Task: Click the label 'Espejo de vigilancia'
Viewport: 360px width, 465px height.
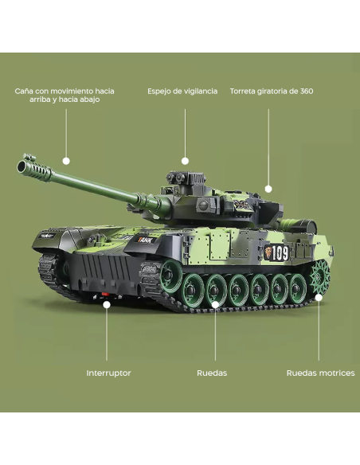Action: tap(182, 92)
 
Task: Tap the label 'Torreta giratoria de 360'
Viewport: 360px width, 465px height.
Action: tap(271, 92)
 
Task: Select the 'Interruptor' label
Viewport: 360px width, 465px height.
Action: tap(108, 373)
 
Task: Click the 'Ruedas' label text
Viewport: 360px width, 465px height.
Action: tap(212, 373)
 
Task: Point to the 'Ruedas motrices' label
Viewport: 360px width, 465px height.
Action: tap(320, 373)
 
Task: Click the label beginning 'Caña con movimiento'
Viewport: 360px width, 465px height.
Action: tap(69, 96)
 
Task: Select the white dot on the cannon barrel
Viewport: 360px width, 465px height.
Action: tap(66, 161)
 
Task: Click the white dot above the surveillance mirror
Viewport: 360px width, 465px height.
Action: tap(185, 161)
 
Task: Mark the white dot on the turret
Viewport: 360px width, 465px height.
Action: tap(268, 189)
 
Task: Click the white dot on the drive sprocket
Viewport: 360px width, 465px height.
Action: tap(319, 297)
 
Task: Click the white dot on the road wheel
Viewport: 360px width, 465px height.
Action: tap(214, 303)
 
